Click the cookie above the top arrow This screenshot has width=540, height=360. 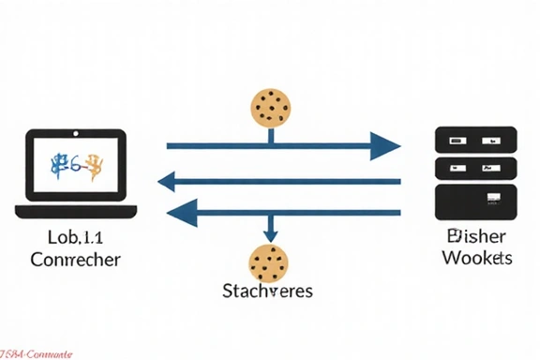click(x=272, y=108)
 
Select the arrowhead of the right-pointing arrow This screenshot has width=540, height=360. click(x=384, y=146)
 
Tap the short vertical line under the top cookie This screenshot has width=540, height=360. click(x=272, y=135)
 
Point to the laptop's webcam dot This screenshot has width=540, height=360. click(x=77, y=135)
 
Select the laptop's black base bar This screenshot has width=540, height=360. click(x=77, y=211)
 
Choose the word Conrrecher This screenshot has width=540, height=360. click(x=76, y=260)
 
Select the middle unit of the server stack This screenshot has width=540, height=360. click(x=476, y=170)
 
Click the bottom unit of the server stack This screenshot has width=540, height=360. click(x=476, y=199)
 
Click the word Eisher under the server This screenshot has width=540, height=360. click(x=476, y=236)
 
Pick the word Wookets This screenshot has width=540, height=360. click(x=476, y=258)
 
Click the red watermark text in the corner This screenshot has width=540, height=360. click(x=37, y=353)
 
